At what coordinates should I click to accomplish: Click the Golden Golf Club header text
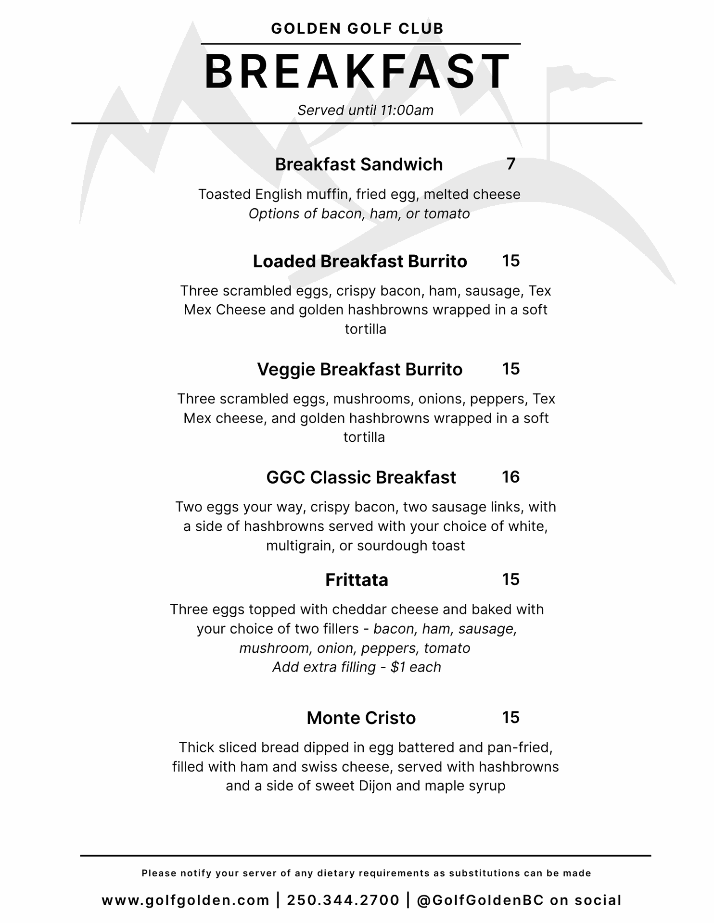357,29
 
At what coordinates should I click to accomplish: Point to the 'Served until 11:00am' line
365,111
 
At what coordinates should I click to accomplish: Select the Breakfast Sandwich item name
358,164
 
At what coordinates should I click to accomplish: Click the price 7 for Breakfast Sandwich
511,164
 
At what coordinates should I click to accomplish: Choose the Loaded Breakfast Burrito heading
360,262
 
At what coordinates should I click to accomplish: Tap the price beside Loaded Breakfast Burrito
511,261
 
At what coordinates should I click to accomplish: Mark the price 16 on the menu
511,477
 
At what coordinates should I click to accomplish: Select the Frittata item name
357,580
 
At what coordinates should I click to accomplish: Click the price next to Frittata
511,579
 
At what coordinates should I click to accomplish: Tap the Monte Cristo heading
361,718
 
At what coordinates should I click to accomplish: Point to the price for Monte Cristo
511,717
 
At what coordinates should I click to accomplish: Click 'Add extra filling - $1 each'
357,667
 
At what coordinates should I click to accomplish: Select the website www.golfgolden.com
185,900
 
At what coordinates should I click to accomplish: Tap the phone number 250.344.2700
343,900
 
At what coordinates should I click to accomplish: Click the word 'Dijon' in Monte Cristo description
376,786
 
